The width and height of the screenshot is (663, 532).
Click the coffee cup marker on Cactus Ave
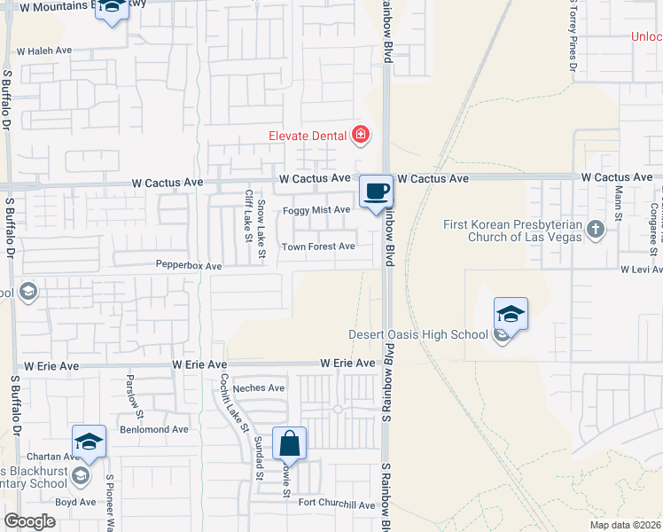[375, 192]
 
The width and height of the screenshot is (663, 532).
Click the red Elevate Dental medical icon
[360, 136]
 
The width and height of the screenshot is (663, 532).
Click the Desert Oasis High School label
[419, 334]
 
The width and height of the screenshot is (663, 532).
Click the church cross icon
[594, 231]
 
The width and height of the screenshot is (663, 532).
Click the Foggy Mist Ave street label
[316, 210]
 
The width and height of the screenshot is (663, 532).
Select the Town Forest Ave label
[318, 246]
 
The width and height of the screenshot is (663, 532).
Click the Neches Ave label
[259, 387]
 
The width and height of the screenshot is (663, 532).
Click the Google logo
[29, 521]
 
